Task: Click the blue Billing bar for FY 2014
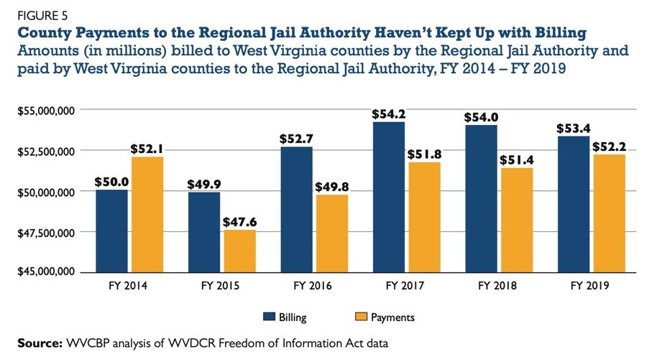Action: tap(111, 231)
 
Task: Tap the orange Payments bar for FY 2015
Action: tap(239, 251)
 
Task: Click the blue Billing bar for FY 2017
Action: tap(388, 198)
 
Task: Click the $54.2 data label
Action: tap(388, 114)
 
